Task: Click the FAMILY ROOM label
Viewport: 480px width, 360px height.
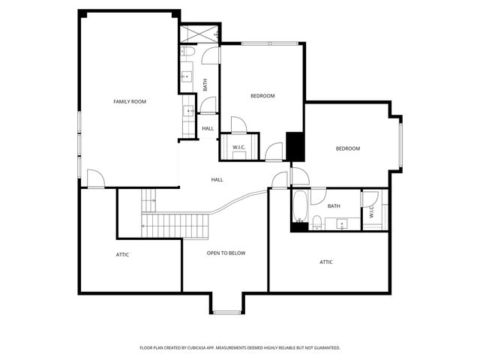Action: pyautogui.click(x=129, y=101)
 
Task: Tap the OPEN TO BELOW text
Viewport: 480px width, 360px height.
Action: pyautogui.click(x=226, y=253)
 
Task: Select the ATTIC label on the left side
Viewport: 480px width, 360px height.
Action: pyautogui.click(x=122, y=255)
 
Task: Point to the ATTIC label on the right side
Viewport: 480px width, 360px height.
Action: pyautogui.click(x=326, y=262)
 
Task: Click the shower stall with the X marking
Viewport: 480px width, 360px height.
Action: pyautogui.click(x=199, y=33)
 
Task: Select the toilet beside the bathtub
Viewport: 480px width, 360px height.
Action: pyautogui.click(x=316, y=221)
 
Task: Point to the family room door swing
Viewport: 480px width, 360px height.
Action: pyautogui.click(x=94, y=178)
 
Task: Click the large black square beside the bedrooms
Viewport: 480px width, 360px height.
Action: pyautogui.click(x=295, y=146)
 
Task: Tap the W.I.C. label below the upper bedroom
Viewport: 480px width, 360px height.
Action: pyautogui.click(x=239, y=146)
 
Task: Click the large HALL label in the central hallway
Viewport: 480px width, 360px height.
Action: pyautogui.click(x=217, y=179)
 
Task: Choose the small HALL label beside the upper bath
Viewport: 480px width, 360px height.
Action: pyautogui.click(x=208, y=128)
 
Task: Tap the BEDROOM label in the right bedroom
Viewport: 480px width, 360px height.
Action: pyautogui.click(x=347, y=148)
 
